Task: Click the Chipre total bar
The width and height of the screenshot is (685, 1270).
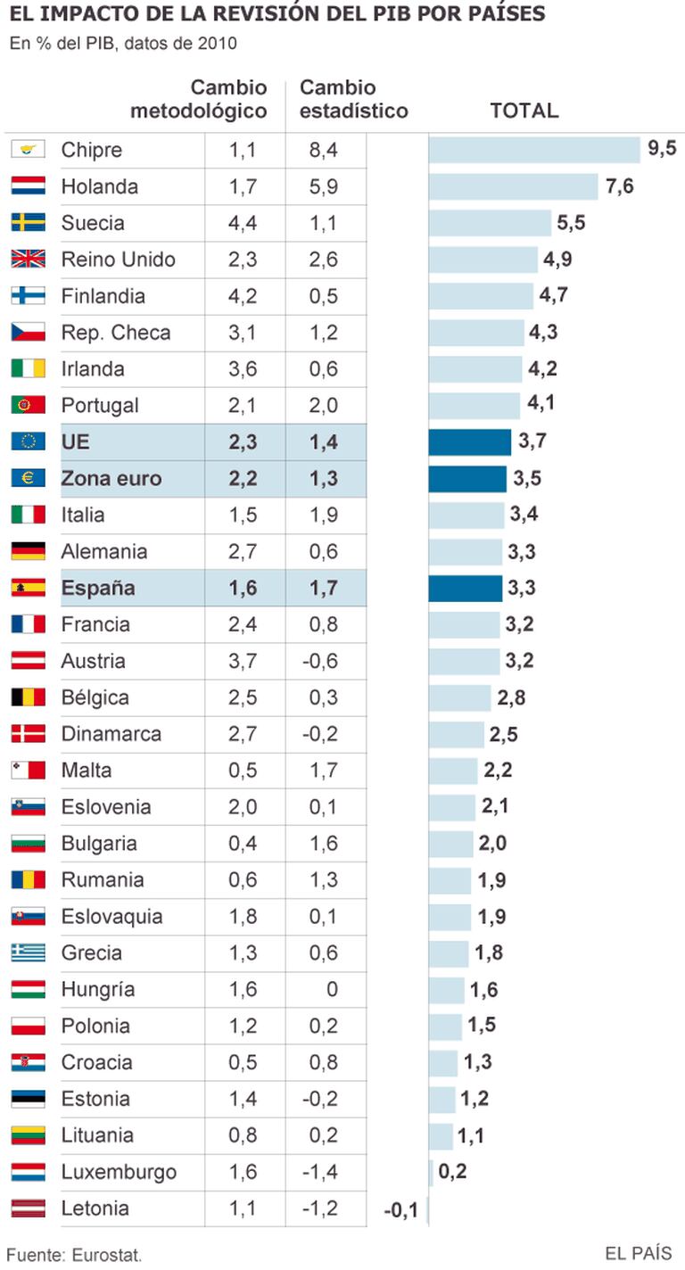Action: pos(534,150)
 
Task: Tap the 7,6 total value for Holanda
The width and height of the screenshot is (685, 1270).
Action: pos(619,187)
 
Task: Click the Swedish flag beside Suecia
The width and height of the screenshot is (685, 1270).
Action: pos(28,223)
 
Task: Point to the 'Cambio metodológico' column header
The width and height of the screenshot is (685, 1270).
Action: pos(199,99)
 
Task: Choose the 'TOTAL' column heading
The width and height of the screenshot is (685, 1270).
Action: pos(524,111)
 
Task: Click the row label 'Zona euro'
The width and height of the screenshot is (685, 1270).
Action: pos(111,479)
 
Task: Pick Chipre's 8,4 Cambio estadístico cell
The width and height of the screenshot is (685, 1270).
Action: pos(323,151)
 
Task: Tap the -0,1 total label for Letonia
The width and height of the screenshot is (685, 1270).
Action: pos(400,1210)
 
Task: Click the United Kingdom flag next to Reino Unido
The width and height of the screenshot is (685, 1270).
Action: pos(28,260)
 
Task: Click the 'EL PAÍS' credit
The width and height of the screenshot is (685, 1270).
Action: pos(639,1253)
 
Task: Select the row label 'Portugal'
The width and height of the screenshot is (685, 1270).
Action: pos(100,406)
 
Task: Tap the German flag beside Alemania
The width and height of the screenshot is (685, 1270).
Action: pos(28,552)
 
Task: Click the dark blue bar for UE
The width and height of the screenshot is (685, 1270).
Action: pos(469,442)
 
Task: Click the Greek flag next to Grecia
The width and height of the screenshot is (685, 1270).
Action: pos(28,953)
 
